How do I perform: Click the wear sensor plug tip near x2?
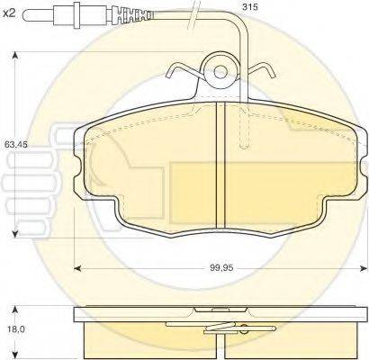click(x=36, y=15)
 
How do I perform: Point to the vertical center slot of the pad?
click(x=220, y=166)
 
